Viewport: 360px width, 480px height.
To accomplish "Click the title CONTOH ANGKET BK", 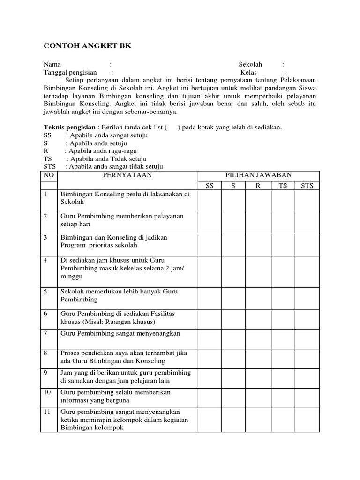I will point(88,46).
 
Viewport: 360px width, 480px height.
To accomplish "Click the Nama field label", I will point(52,64).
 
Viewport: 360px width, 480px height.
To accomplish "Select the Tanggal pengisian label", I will point(70,73).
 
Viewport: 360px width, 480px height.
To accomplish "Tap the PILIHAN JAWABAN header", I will point(258,175).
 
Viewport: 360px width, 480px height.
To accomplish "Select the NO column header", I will point(48,175).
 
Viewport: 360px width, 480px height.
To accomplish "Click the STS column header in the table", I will point(307,186).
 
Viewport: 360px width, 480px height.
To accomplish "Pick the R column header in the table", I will point(257,186).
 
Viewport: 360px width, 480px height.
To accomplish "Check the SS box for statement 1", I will point(210,200).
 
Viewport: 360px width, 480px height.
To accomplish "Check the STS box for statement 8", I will point(307,357).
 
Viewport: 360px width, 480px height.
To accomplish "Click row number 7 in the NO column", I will point(46,333).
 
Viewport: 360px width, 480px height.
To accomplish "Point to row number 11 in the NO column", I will point(48,412).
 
